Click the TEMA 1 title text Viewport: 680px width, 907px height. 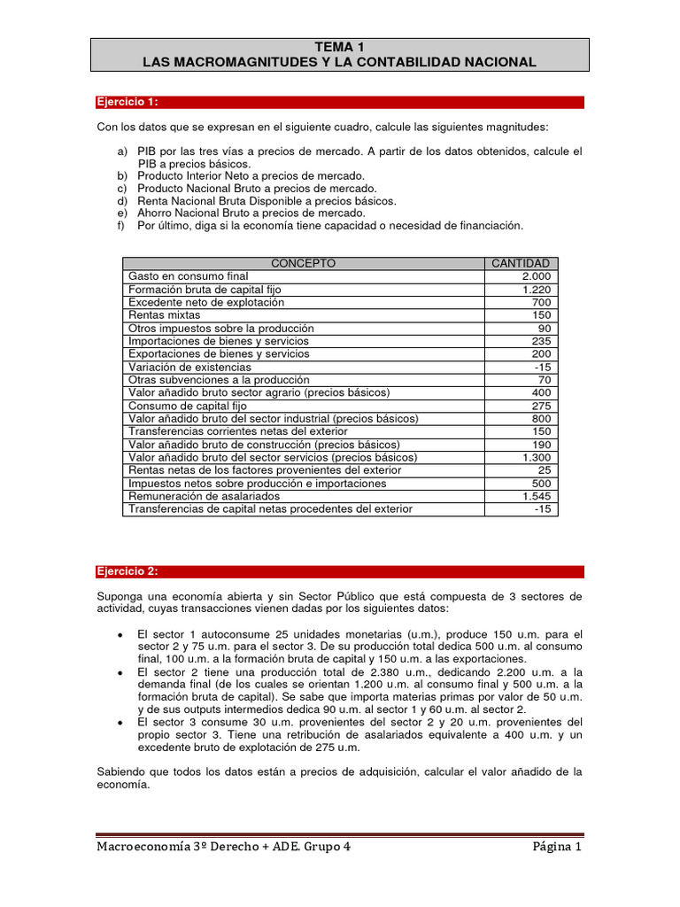[x=339, y=47]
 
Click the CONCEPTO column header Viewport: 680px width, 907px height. [x=303, y=263]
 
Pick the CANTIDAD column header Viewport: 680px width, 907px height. [x=520, y=263]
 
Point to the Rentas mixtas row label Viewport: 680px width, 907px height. [x=165, y=315]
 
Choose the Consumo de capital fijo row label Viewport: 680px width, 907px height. [x=182, y=406]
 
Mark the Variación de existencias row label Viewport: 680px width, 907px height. [x=189, y=367]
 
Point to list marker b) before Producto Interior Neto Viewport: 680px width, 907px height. [x=122, y=176]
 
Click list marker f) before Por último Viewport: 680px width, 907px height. [x=121, y=226]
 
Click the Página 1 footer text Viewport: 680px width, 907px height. [x=556, y=847]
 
